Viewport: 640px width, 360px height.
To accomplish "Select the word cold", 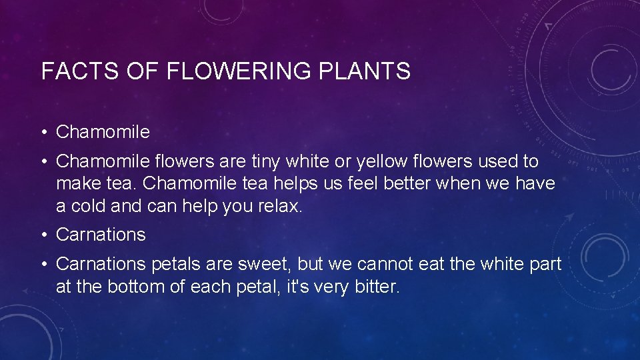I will click(85, 206).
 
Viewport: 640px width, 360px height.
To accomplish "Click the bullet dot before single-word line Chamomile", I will click(45, 133).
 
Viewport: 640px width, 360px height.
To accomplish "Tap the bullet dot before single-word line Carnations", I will click(45, 235).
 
